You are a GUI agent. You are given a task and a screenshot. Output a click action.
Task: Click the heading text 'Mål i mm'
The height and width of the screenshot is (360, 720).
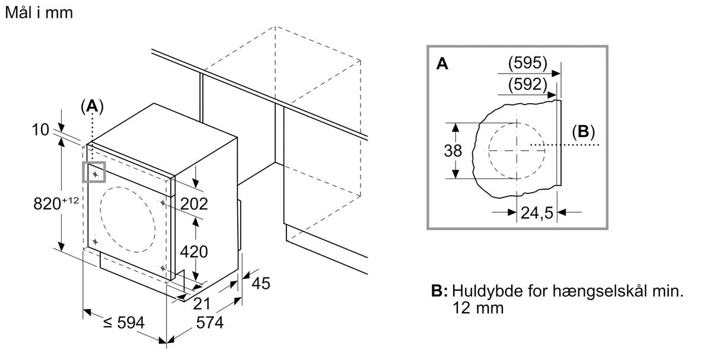coord(39,13)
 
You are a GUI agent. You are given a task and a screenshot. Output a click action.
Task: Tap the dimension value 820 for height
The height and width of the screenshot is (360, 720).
coord(47,203)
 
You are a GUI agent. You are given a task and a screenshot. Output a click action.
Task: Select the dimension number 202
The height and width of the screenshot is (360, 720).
coord(194,203)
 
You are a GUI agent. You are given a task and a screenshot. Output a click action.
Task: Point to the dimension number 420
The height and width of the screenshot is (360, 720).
coord(194,251)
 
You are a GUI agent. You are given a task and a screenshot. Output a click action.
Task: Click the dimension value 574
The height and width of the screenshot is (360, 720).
coord(209,323)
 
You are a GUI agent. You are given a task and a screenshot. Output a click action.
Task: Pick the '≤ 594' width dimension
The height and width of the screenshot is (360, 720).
coord(124,323)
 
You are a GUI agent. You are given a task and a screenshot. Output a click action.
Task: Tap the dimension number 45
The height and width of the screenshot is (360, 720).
coord(261,283)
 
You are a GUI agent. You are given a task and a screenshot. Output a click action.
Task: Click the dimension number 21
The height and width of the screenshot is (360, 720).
coord(202,304)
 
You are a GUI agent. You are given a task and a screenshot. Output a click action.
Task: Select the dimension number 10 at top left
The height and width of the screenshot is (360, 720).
coord(40,130)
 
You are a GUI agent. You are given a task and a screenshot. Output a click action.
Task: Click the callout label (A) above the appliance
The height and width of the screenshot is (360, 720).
coord(93,106)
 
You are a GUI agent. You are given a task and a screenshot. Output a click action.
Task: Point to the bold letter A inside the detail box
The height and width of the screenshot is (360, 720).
coord(442,63)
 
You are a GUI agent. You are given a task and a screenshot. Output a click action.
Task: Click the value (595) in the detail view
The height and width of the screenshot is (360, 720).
coord(527,63)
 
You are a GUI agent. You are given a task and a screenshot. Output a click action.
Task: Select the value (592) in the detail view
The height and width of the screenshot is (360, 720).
coord(527,84)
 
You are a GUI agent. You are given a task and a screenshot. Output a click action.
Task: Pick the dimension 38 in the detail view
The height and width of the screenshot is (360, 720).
coord(453,151)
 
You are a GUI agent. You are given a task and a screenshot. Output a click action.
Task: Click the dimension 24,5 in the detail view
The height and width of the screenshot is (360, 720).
coord(537,213)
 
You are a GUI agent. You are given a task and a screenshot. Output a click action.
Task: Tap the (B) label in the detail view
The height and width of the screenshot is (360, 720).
coord(584,132)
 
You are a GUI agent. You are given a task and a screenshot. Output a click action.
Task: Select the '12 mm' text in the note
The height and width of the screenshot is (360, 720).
coord(477,308)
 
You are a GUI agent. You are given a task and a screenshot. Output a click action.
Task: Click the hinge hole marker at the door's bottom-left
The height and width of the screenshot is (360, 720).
coord(95,241)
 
